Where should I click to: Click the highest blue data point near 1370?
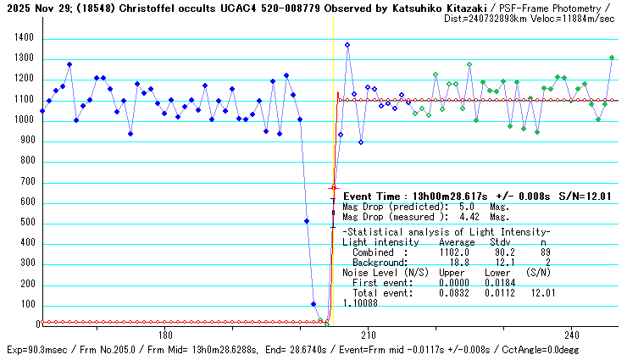[347, 45]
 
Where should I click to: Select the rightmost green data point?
[612, 58]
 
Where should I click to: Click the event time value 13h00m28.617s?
[446, 196]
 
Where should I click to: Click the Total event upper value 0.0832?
[454, 293]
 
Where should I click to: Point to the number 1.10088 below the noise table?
[360, 302]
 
